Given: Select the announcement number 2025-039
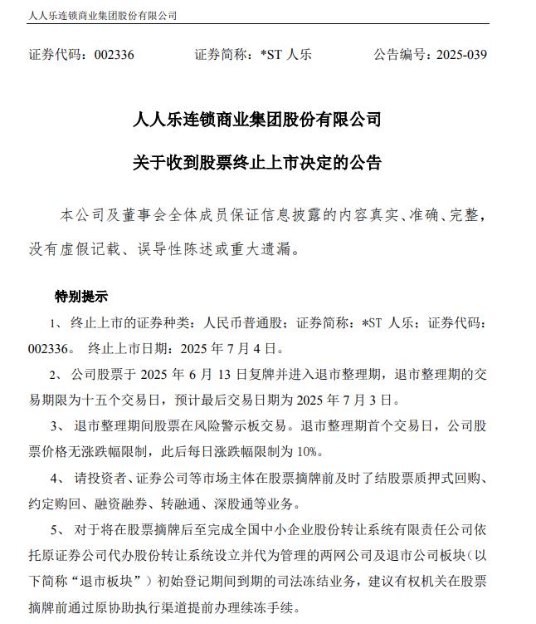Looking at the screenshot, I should coord(456,56).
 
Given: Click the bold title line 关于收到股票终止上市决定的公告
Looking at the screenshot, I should coord(257,162).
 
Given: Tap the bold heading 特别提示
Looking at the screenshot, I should coord(81,297).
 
